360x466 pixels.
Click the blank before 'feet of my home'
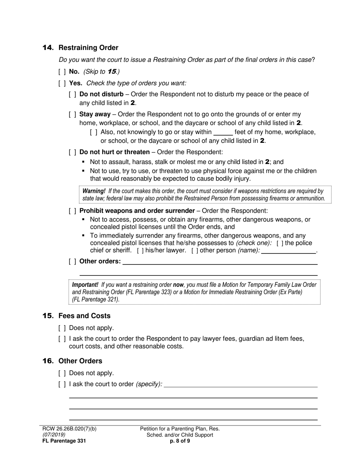(223, 132)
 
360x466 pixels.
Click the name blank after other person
(288, 250)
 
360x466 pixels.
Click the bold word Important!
(85, 285)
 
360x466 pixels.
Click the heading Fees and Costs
(85, 316)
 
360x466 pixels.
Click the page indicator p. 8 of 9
(180, 441)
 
